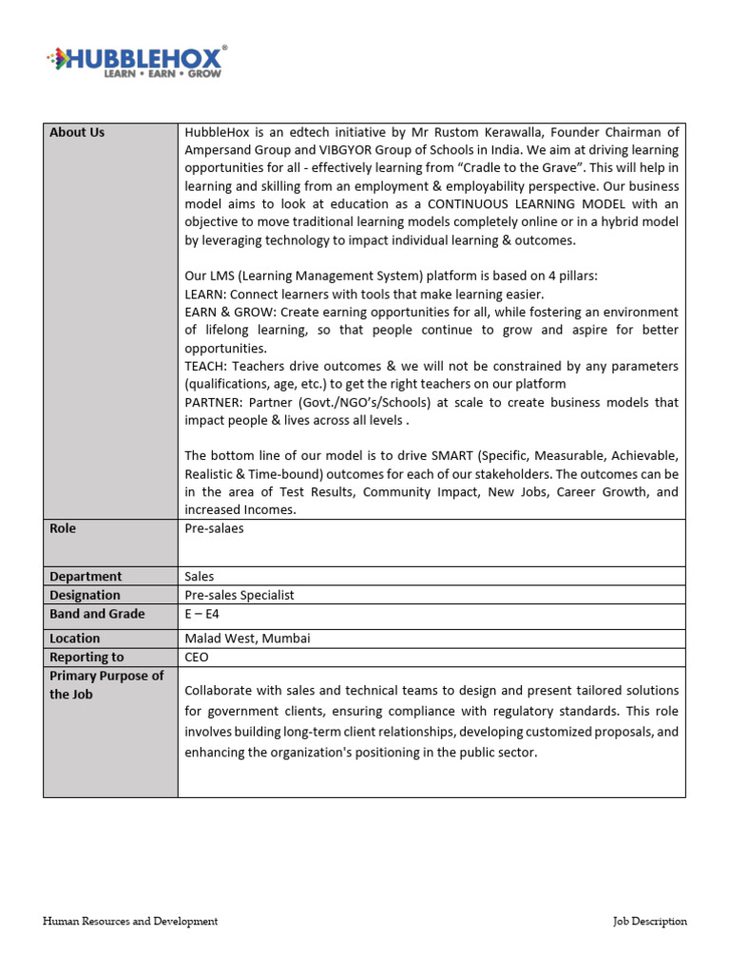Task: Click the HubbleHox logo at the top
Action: click(136, 58)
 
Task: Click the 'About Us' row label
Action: click(77, 132)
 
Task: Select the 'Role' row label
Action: click(63, 528)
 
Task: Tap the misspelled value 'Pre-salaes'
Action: click(214, 528)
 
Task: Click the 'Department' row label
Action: click(86, 576)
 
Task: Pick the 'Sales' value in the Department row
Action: click(200, 576)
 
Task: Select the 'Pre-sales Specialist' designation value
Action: click(240, 595)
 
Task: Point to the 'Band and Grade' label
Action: click(97, 614)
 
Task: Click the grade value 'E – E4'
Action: click(202, 614)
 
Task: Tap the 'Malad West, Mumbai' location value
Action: click(247, 639)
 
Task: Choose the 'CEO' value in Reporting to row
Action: click(197, 658)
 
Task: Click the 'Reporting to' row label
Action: click(86, 658)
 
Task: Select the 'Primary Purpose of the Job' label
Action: click(106, 685)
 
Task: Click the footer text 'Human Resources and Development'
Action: click(130, 921)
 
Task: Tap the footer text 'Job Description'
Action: click(650, 921)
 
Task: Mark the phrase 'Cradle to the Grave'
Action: click(516, 168)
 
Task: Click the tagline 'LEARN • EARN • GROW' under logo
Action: click(162, 73)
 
